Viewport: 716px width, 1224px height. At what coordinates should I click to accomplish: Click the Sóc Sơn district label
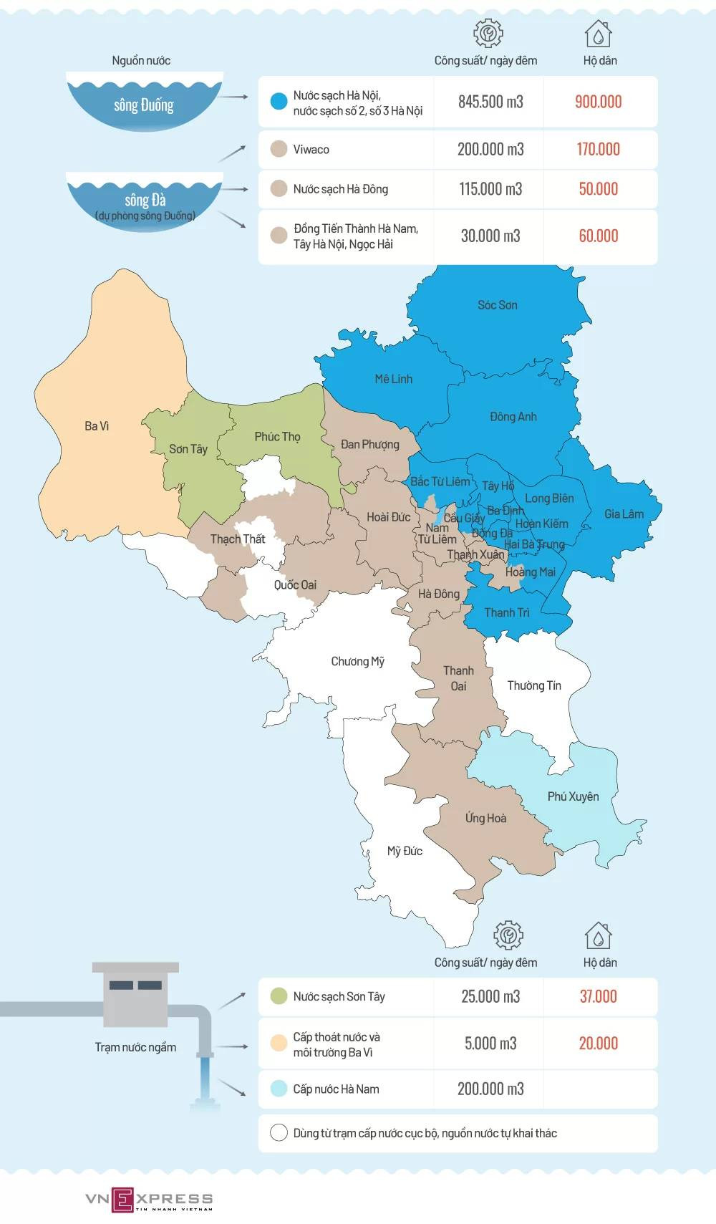(x=498, y=305)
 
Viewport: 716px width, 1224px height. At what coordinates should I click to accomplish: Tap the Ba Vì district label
(x=97, y=426)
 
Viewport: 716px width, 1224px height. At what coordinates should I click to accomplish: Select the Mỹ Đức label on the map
(x=405, y=851)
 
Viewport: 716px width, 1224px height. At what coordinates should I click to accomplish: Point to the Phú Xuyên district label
(x=573, y=796)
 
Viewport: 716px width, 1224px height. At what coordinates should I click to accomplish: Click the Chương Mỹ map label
(x=357, y=661)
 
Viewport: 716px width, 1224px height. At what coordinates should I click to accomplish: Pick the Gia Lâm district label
(x=624, y=514)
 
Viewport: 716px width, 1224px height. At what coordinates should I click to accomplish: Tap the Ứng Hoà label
(x=485, y=818)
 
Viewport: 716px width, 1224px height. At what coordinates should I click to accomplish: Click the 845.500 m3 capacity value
(x=490, y=102)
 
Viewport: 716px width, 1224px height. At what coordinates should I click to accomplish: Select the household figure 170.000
(x=599, y=149)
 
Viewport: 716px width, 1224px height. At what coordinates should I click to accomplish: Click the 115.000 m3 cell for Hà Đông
(x=490, y=189)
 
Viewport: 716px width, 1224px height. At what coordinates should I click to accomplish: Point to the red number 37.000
(x=599, y=996)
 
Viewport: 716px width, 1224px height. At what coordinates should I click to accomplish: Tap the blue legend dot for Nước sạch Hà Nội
(x=279, y=102)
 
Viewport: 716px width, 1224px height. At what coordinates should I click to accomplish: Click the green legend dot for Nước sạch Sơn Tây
(x=279, y=996)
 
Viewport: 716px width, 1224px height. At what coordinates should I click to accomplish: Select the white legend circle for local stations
(x=279, y=1133)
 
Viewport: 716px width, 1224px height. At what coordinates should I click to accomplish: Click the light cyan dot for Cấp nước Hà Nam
(x=279, y=1089)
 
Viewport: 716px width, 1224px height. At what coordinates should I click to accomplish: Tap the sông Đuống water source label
(x=143, y=105)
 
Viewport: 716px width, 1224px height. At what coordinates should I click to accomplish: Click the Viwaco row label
(x=311, y=150)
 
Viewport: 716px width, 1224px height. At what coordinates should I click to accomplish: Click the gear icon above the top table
(x=488, y=33)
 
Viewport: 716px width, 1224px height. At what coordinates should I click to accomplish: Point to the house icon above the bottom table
(x=599, y=935)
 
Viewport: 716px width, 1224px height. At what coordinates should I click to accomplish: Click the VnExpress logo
(x=149, y=1199)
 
